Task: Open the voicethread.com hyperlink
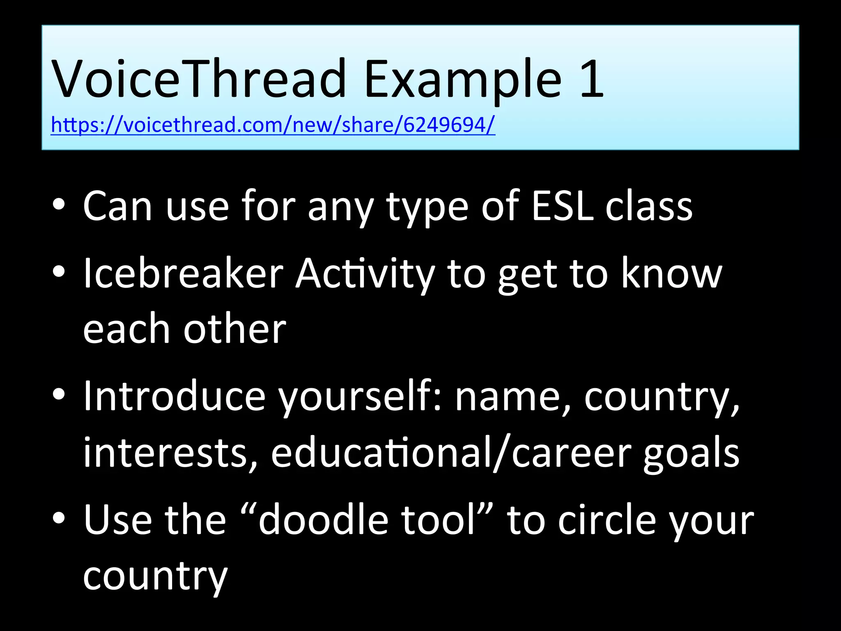pos(273,125)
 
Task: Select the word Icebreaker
pos(183,274)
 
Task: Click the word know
pos(671,274)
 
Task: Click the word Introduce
pos(175,396)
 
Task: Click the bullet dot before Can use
pos(59,205)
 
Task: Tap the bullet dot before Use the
pos(59,519)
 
